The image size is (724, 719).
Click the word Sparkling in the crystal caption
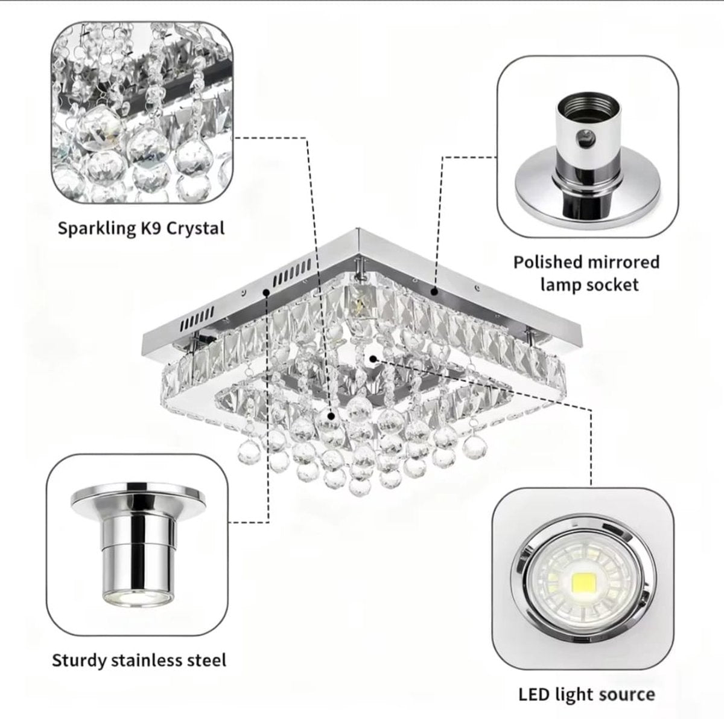[x=94, y=228]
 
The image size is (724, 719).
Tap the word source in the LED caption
[x=627, y=694]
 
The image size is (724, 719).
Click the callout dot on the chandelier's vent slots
[x=266, y=292]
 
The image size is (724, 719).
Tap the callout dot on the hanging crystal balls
[x=331, y=415]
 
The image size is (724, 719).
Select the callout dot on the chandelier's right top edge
[x=434, y=292]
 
